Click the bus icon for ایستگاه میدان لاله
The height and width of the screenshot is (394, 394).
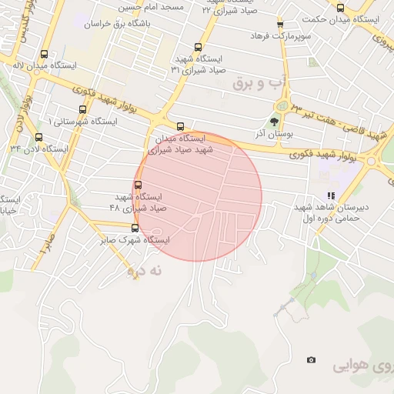coord(44,55)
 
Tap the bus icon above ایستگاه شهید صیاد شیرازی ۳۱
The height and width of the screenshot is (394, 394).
coord(199,47)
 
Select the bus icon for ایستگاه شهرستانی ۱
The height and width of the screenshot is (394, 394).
coord(82,109)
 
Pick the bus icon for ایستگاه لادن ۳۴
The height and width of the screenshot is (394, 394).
coord(38,138)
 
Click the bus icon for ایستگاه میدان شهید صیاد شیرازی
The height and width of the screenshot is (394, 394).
coord(180,127)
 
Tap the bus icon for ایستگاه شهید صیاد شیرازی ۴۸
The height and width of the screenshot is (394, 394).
coord(139,185)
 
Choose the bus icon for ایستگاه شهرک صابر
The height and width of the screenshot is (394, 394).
coord(135,228)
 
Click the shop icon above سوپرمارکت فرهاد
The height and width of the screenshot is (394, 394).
coord(279,25)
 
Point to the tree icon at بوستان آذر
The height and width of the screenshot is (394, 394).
coord(275,122)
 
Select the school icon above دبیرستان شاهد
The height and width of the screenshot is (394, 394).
coord(331,196)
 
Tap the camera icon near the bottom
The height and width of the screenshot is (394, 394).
coord(311,359)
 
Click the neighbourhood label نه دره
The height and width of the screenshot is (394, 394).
coord(146,270)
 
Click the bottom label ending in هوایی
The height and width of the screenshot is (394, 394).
coord(362,368)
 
